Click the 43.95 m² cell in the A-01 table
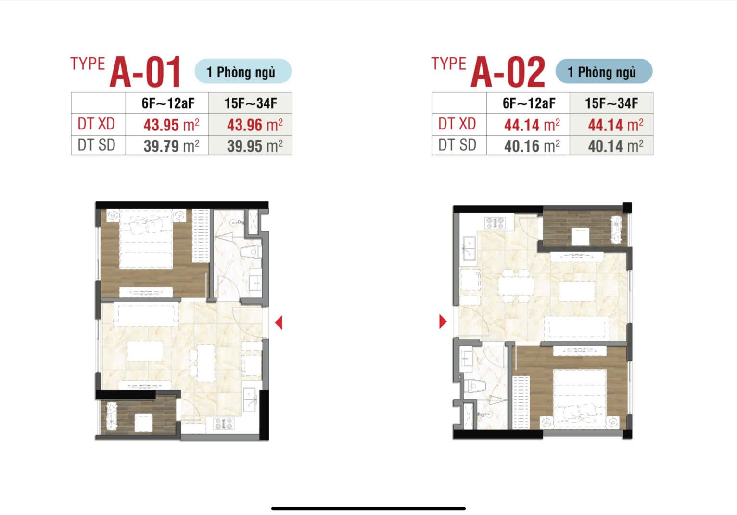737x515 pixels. pos(167,125)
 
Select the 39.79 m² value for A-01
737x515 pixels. pos(167,145)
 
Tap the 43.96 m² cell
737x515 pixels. pos(250,125)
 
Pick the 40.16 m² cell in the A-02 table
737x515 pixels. pos(528,145)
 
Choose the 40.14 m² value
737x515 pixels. pos(611,145)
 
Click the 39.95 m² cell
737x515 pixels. pos(250,145)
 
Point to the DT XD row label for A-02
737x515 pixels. pos(457,124)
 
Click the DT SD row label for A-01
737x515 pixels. pos(96,145)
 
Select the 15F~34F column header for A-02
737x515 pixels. pos(611,103)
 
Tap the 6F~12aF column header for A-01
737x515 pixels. pos(168,103)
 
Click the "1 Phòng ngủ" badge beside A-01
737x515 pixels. pos(243,71)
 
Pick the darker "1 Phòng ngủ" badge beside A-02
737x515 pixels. pos(604,71)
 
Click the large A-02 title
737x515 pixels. pos(508,72)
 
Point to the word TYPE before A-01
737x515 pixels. pos(88,64)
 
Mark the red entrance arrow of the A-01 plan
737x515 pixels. pos(279,322)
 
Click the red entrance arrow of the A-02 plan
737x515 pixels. pos(443,322)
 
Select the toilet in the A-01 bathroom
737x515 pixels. pos(252,253)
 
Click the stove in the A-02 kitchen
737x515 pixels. pos(495,223)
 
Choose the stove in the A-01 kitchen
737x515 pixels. pos(224,424)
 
